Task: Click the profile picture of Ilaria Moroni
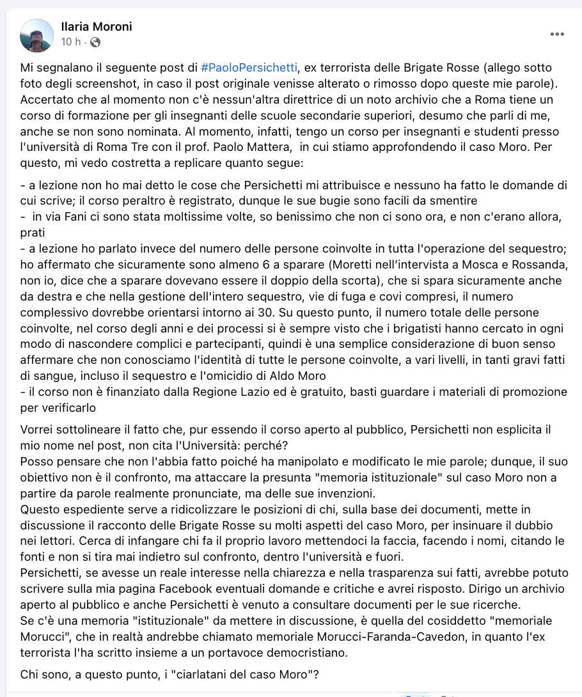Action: point(37,35)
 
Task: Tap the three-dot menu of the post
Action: point(557,35)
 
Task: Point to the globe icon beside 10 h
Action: point(95,43)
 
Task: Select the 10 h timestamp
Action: point(70,43)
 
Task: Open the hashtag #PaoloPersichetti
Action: point(250,67)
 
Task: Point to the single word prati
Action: point(34,233)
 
